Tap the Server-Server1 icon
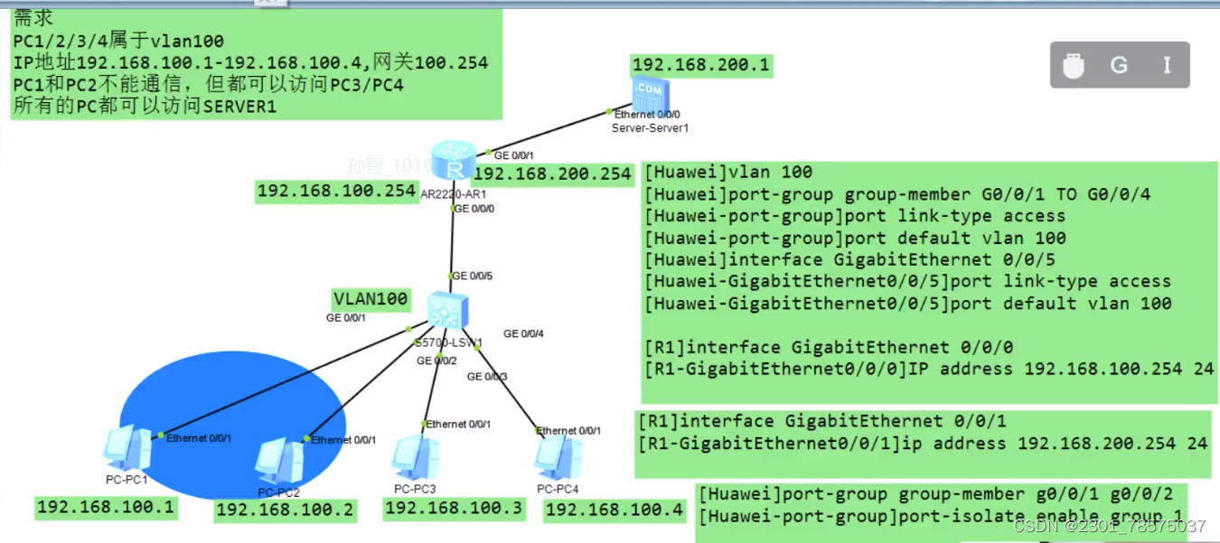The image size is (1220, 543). tap(651, 95)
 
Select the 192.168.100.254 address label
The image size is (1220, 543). tap(335, 191)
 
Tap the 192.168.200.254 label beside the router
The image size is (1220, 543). tap(552, 174)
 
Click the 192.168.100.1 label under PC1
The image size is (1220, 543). tap(106, 507)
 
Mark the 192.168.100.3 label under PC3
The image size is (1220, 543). tap(454, 509)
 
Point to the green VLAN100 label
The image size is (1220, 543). tap(371, 299)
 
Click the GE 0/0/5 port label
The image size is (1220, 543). tap(472, 276)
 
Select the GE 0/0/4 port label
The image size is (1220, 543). tap(523, 333)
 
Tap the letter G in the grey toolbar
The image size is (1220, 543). tap(1119, 65)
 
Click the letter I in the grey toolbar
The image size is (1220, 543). tap(1167, 65)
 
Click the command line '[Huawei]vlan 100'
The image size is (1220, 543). tap(728, 172)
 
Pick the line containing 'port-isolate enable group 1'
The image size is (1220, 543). tap(940, 517)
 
